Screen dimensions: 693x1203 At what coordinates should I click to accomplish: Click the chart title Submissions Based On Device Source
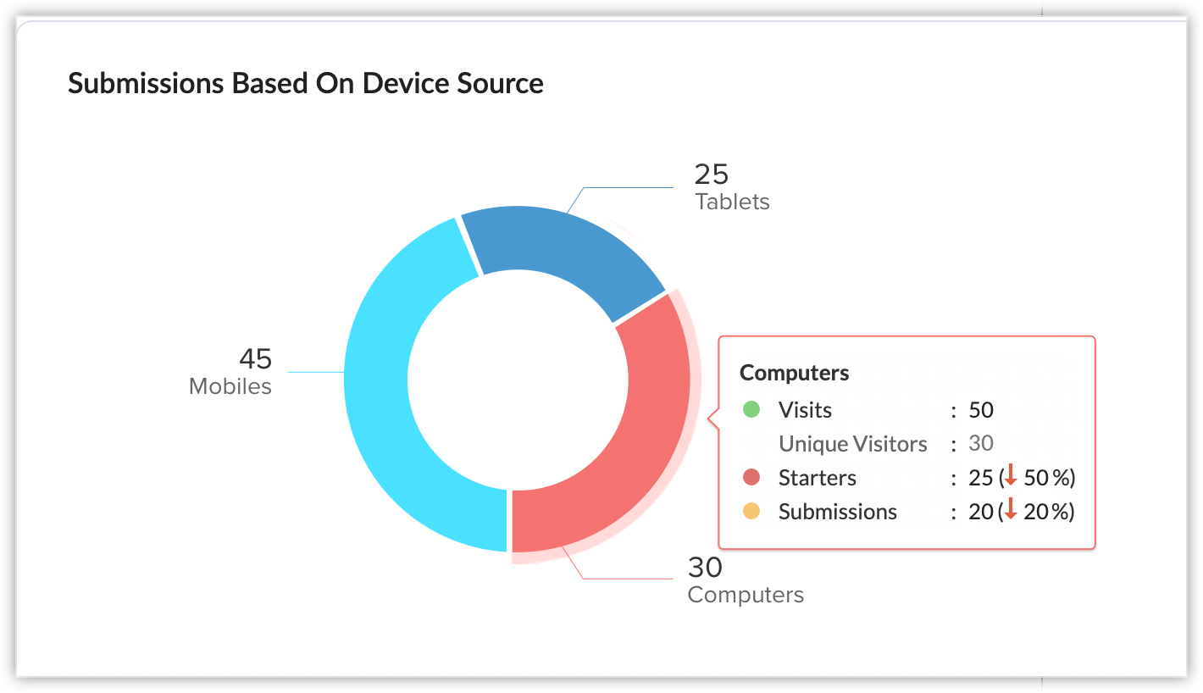tap(305, 83)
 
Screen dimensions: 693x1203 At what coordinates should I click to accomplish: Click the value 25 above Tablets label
tap(711, 174)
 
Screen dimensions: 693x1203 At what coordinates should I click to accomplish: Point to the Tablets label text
tap(732, 202)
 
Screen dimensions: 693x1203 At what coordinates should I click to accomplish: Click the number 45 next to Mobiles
tap(255, 358)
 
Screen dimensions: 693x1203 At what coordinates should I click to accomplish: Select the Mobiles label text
tap(230, 386)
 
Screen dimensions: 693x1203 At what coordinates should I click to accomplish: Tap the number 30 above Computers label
tap(705, 566)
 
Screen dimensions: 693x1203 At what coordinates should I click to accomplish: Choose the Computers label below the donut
tap(746, 595)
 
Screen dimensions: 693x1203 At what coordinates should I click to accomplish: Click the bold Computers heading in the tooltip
tap(794, 373)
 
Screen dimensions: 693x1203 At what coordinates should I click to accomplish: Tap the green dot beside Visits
tap(751, 410)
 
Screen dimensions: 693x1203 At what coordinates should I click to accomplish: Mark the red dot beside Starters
tap(751, 478)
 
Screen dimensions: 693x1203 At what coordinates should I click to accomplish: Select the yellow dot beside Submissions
tap(751, 512)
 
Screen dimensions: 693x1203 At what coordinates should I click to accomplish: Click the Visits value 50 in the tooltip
tap(981, 410)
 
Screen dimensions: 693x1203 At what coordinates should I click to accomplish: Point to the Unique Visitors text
tap(852, 444)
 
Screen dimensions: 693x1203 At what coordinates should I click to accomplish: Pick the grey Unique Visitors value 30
tap(981, 443)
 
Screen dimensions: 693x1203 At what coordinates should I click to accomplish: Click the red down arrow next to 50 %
tap(1010, 478)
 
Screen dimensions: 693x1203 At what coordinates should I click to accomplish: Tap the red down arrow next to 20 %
tap(1010, 512)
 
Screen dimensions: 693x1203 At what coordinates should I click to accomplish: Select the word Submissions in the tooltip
tap(837, 512)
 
